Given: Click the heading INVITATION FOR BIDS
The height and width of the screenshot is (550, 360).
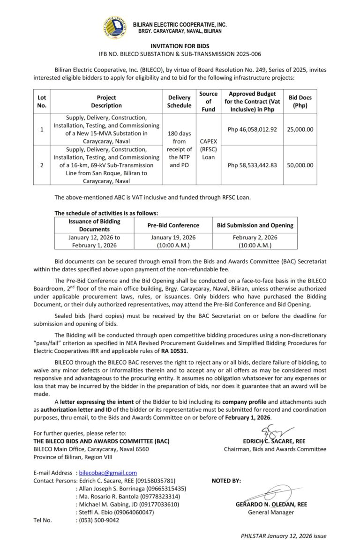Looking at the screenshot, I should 180,46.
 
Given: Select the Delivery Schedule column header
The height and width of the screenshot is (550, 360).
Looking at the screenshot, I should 180,102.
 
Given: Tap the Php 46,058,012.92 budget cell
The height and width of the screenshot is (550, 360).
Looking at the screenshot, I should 252,129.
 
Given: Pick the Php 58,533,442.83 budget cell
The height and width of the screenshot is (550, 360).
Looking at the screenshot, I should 252,165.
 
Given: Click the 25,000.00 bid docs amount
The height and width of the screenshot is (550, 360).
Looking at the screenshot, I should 300,129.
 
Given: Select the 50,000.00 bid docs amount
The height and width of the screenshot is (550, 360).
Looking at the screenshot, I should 300,165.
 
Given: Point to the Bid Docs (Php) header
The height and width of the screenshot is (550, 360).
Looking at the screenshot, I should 300,102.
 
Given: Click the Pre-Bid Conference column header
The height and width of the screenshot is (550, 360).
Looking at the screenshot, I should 173,225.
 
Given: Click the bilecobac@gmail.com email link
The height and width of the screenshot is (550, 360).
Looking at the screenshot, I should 108,473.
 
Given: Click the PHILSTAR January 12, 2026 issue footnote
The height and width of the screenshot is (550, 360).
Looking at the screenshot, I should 284,536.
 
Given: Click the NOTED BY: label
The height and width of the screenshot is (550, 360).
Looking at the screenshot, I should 226,481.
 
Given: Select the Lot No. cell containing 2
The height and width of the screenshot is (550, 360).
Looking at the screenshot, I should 42,165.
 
